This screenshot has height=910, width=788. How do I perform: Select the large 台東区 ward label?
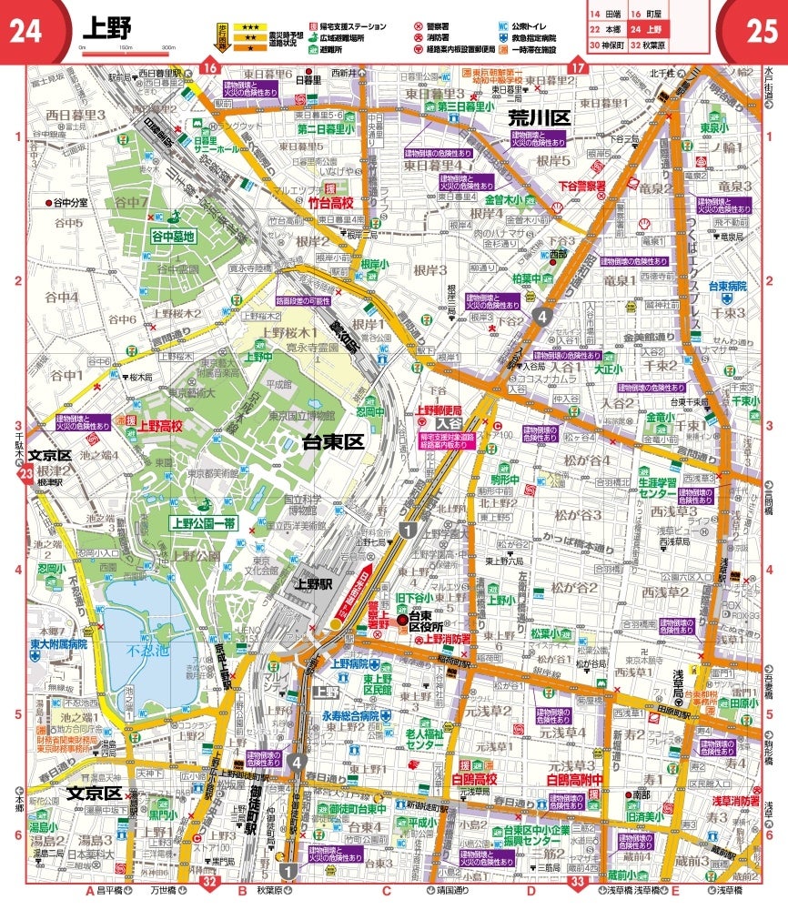(332, 442)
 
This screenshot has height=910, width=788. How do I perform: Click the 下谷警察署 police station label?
(582, 185)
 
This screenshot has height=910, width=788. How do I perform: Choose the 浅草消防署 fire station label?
(735, 800)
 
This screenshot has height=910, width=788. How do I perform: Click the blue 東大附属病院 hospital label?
(57, 643)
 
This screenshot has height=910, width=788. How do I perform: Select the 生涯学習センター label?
(669, 488)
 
